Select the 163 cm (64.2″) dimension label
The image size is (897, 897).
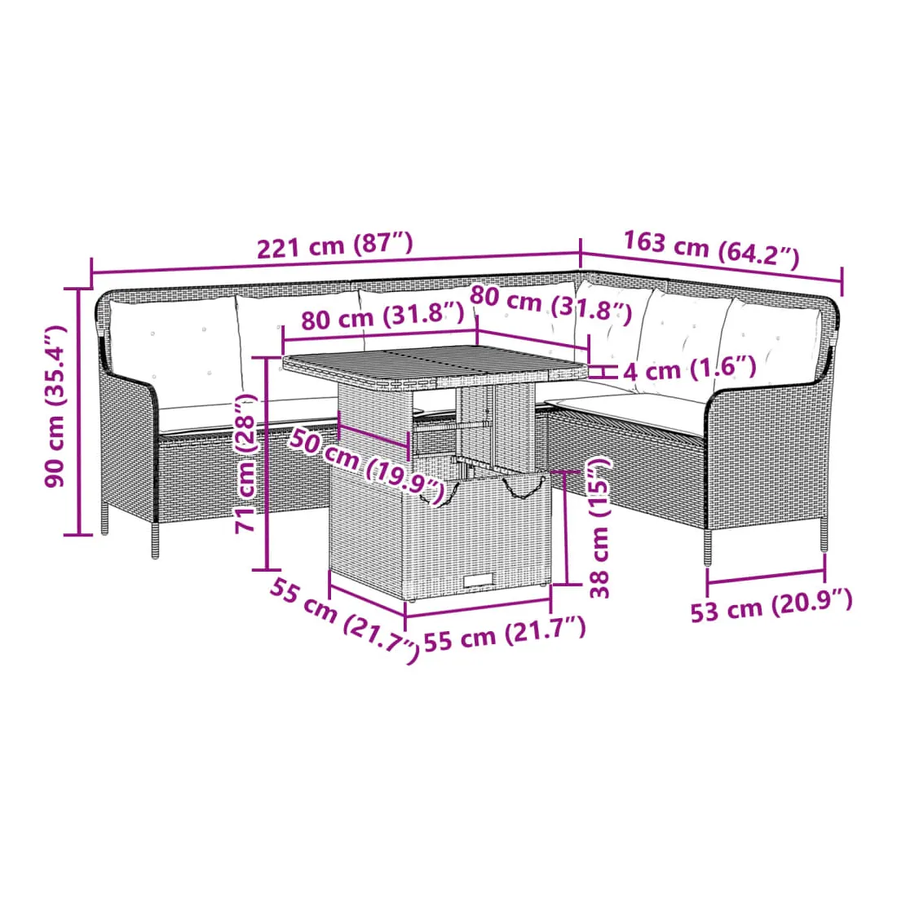coord(710,249)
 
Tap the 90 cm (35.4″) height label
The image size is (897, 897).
coord(55,405)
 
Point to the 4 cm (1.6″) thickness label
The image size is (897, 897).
coord(689,369)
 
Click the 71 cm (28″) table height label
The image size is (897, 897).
coord(246,463)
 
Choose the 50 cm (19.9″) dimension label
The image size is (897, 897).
coord(366,466)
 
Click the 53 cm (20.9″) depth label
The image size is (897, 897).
coord(771,605)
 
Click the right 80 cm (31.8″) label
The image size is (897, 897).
coord(551,305)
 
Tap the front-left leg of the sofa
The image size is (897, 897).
coord(155,541)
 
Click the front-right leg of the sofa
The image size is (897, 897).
coord(708,547)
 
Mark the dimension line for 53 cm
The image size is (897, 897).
coord(767,577)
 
